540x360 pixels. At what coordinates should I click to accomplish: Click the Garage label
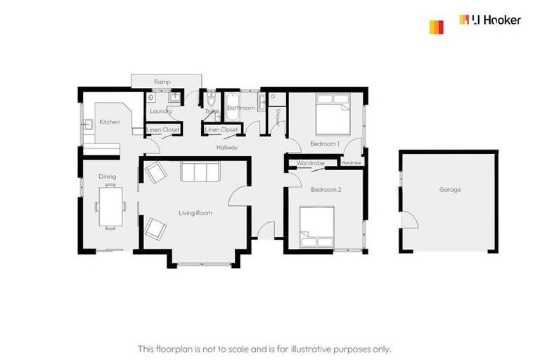point(450,190)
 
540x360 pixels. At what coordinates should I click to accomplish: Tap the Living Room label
point(195,212)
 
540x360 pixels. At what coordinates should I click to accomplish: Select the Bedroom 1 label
point(325,144)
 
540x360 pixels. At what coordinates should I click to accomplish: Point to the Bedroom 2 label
point(326,190)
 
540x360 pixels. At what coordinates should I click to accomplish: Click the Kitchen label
point(109,122)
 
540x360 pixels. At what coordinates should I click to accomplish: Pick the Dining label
point(107,176)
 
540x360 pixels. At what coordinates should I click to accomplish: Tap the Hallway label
point(227,148)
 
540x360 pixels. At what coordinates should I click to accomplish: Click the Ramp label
point(162,82)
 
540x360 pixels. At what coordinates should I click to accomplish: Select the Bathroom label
point(240,108)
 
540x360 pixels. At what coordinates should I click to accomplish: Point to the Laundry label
point(162,111)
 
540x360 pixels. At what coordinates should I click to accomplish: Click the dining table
point(109,205)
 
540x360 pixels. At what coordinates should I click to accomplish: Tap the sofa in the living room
point(200,172)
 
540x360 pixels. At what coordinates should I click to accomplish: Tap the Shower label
point(278,117)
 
